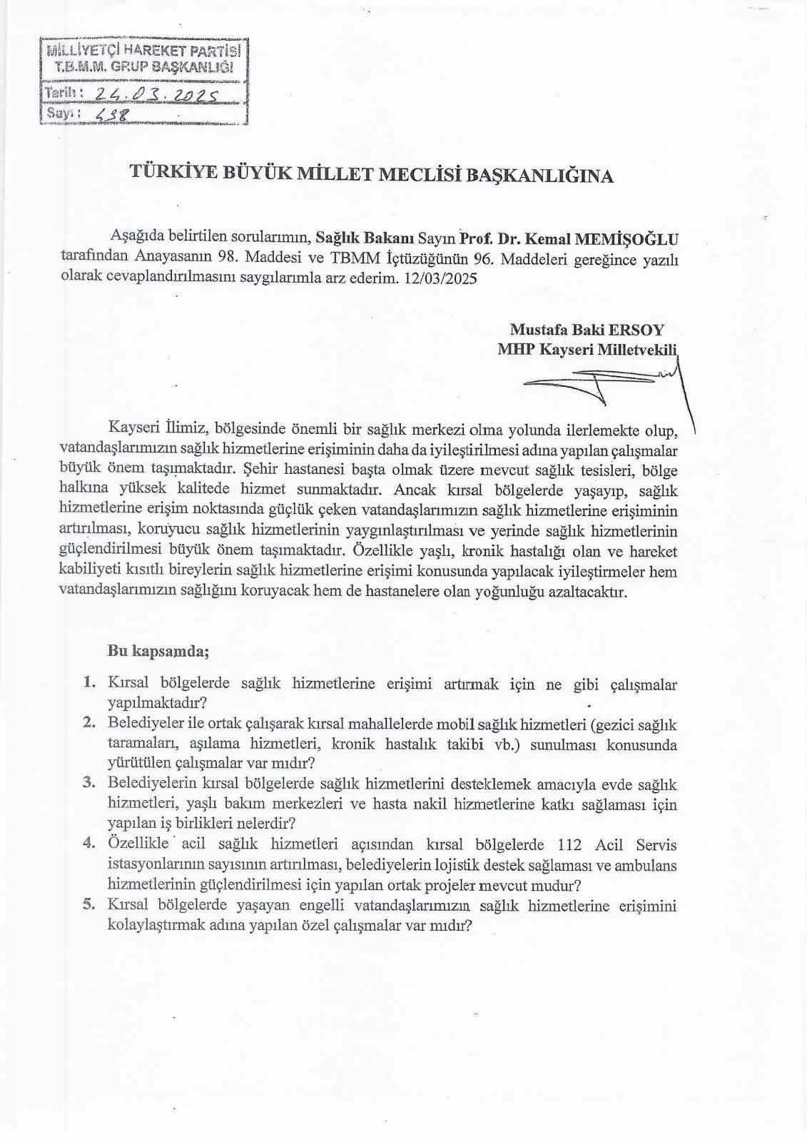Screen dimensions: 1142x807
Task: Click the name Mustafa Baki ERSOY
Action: click(586, 330)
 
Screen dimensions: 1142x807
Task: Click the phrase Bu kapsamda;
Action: click(158, 651)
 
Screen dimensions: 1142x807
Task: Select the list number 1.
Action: click(89, 682)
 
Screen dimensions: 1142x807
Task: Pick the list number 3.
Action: click(89, 782)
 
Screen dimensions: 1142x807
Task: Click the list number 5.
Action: click(89, 905)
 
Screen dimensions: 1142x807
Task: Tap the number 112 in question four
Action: click(571, 845)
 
